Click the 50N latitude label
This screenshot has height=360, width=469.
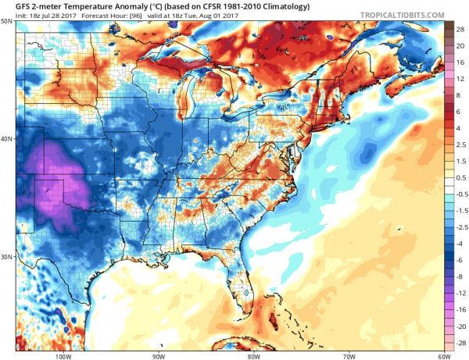[x=8, y=22]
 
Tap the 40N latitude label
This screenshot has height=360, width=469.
[x=8, y=139]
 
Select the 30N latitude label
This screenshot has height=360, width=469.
[x=8, y=256]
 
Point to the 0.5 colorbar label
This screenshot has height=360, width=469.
[x=459, y=178]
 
